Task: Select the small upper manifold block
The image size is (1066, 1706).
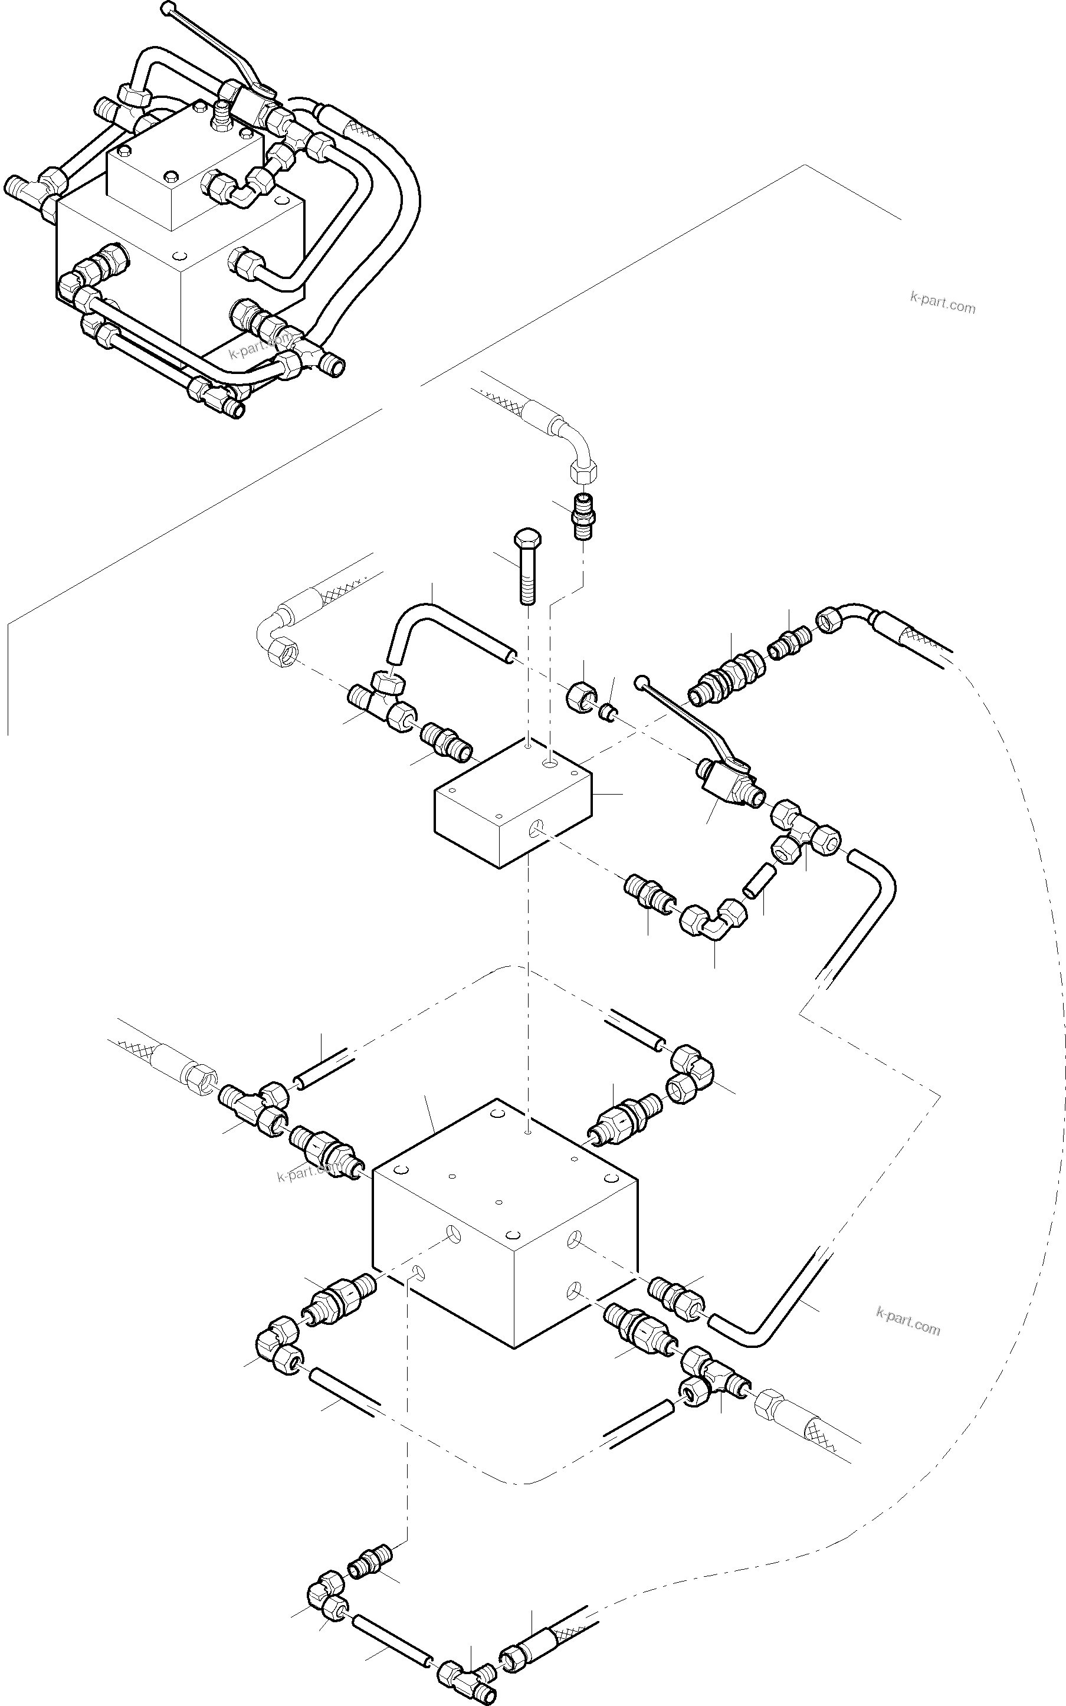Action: coord(513,803)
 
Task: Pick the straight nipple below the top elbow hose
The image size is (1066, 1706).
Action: coord(582,517)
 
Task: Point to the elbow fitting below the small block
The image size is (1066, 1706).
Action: coord(709,921)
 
